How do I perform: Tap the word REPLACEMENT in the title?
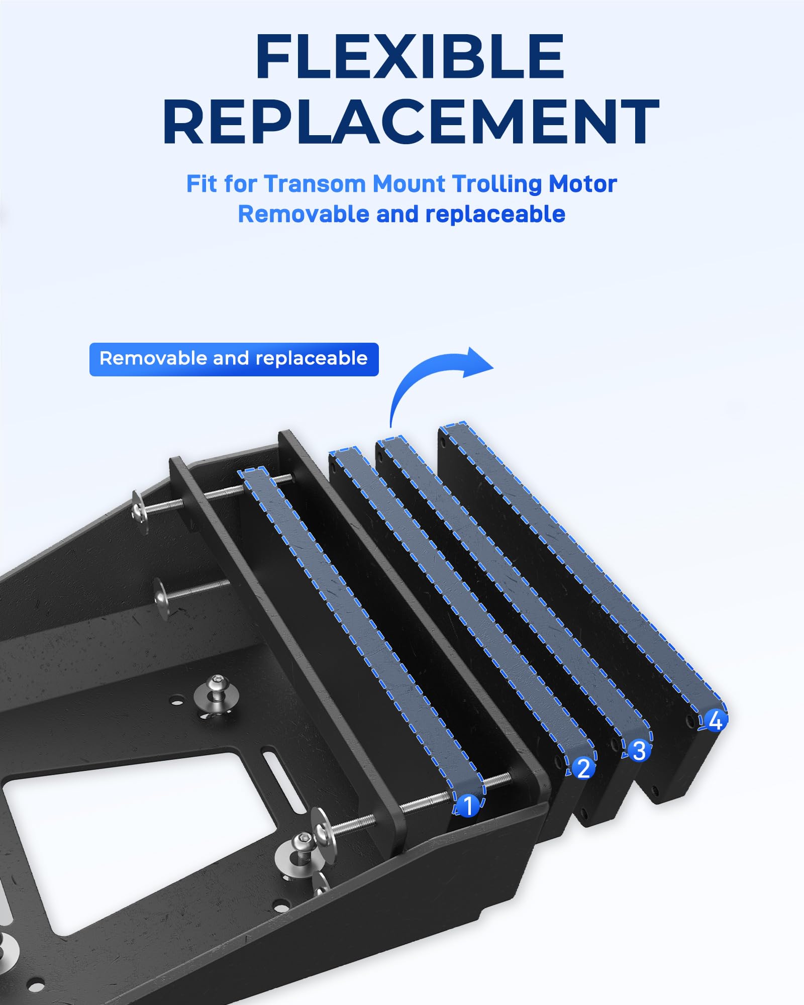(x=411, y=122)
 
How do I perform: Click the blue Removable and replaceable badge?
(x=234, y=359)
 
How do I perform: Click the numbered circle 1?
(x=468, y=806)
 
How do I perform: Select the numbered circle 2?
(x=583, y=768)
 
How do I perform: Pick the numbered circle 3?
(x=639, y=751)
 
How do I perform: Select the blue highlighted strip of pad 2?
(x=462, y=603)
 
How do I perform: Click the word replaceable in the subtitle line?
(x=495, y=215)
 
